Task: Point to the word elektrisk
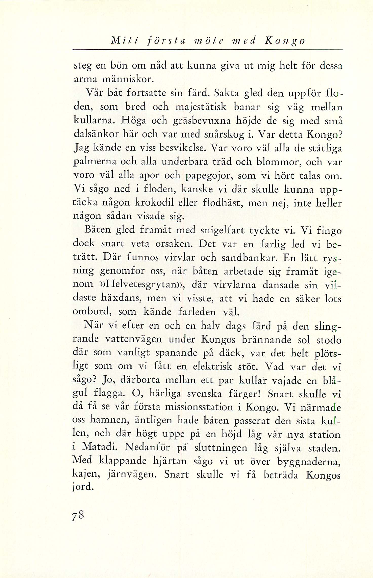pos(212,366)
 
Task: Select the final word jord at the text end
pos(83,487)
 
